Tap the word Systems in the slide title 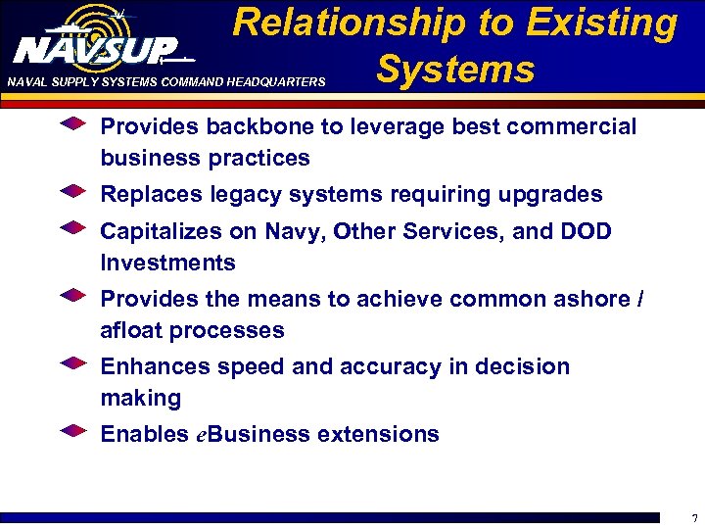[x=455, y=70]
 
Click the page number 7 [x=694, y=517]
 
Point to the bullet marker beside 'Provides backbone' [x=74, y=124]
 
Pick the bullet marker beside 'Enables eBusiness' [x=74, y=430]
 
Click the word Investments [x=167, y=263]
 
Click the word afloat [x=130, y=330]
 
